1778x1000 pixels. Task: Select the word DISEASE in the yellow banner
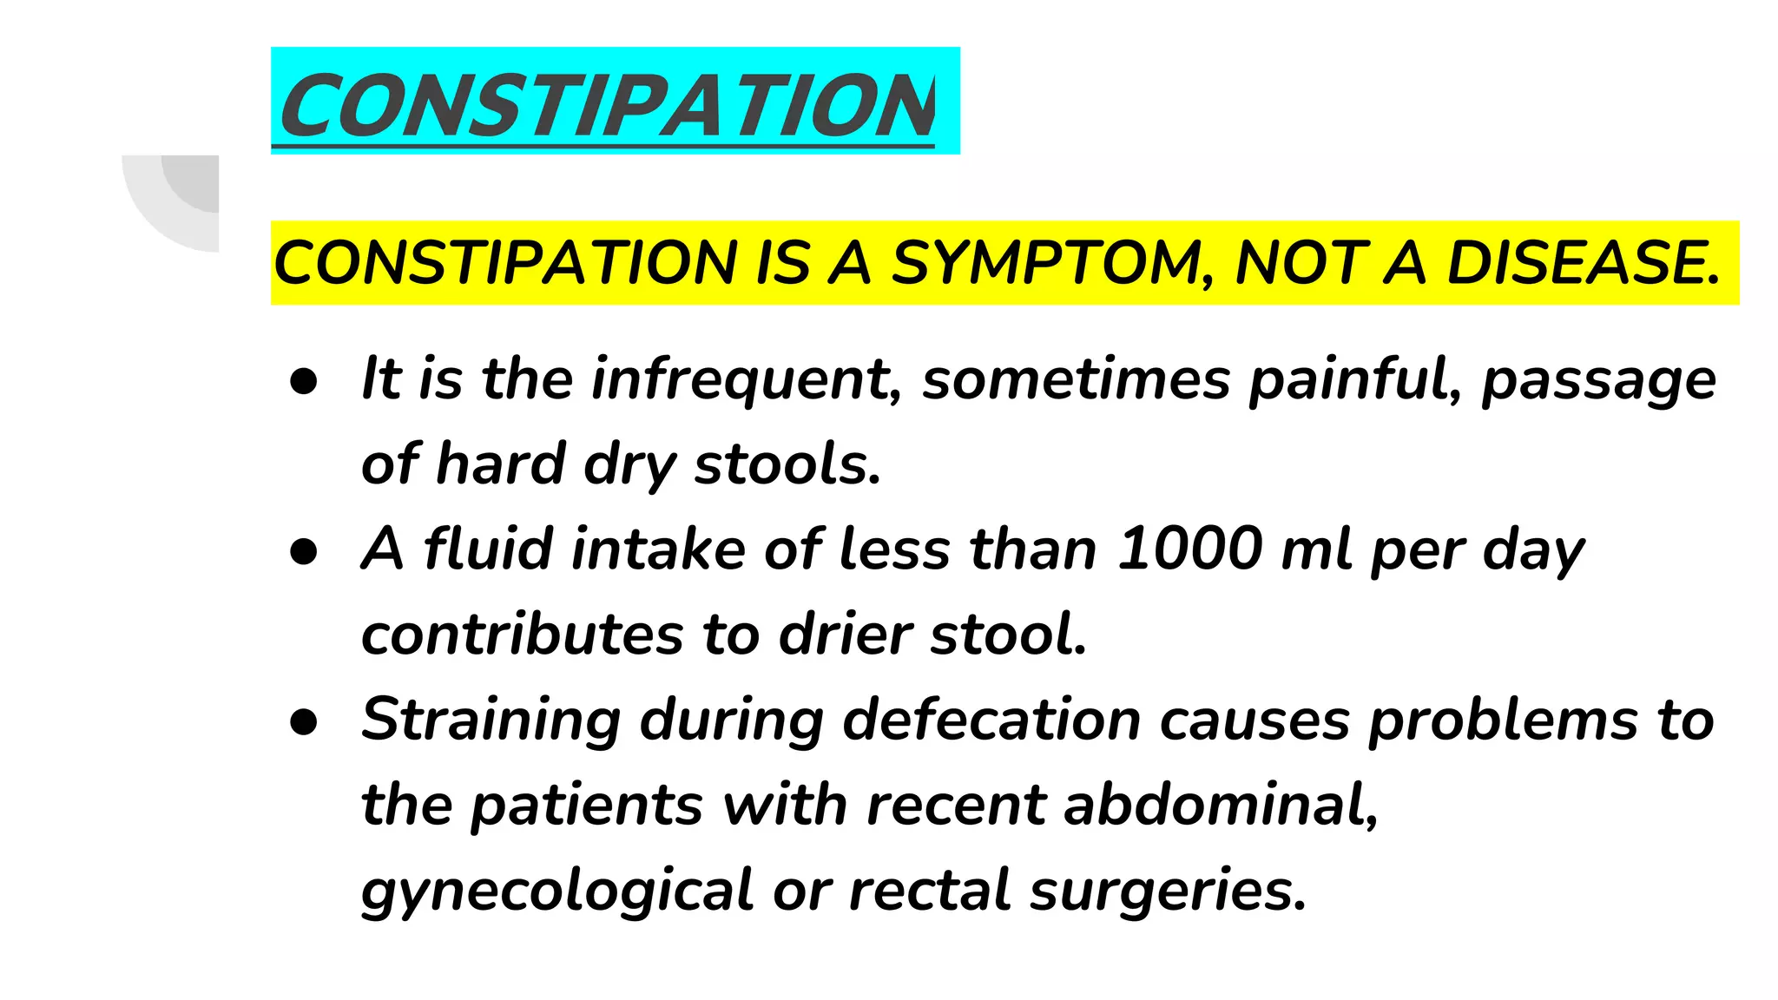click(x=1584, y=263)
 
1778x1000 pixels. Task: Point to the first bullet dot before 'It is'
click(x=304, y=381)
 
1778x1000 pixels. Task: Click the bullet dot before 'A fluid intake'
click(x=304, y=552)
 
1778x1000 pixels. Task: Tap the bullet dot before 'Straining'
click(x=304, y=722)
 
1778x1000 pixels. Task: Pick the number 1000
click(x=1189, y=549)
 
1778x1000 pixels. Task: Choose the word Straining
click(x=491, y=720)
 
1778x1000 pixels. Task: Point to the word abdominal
click(x=1220, y=805)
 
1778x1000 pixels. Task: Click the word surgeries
click(x=1168, y=891)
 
